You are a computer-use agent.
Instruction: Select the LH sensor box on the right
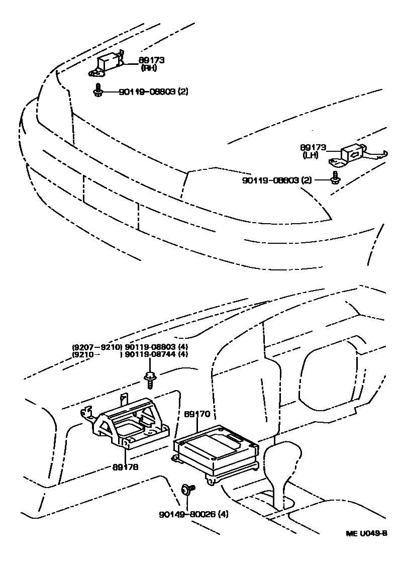[x=352, y=154]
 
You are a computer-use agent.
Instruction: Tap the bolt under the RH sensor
[x=98, y=91]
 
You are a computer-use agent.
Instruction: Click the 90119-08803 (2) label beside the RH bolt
[x=153, y=92]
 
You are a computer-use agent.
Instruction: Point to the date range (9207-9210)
[x=96, y=347]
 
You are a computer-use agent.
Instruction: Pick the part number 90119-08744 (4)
[x=156, y=354]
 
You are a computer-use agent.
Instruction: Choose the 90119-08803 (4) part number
[x=156, y=347]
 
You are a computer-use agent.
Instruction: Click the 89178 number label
[x=126, y=466]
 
